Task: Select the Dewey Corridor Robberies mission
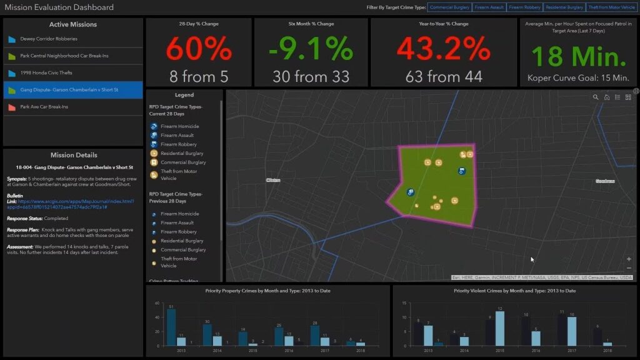[49, 39]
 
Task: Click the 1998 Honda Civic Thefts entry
[46, 73]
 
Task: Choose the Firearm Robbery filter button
[524, 7]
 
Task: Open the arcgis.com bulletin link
[75, 204]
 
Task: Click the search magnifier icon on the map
[596, 97]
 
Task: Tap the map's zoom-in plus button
[629, 259]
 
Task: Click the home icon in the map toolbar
[607, 97]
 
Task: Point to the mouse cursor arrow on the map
[532, 259]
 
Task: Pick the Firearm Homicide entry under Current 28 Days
[179, 126]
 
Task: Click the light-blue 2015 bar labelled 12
[500, 329]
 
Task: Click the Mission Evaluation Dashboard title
[59, 7]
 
